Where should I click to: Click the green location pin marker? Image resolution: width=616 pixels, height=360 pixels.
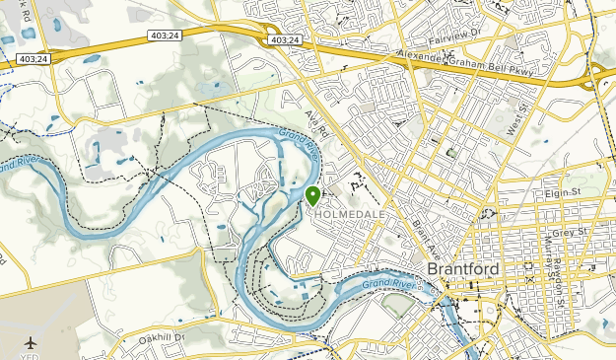pos(313,194)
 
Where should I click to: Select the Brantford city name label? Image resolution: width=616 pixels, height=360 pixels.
pos(463,269)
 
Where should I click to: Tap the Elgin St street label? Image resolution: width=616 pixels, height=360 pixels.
pos(565,194)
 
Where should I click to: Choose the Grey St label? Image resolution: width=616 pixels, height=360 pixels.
pos(570,233)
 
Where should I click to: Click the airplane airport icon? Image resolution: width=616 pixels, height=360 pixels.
pos(31,342)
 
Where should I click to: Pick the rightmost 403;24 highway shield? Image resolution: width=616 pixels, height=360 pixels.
pos(281,40)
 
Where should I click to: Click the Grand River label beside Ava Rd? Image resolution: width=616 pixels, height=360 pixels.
pos(299,145)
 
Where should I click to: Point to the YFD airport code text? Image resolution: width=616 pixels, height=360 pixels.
pos(31,356)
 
